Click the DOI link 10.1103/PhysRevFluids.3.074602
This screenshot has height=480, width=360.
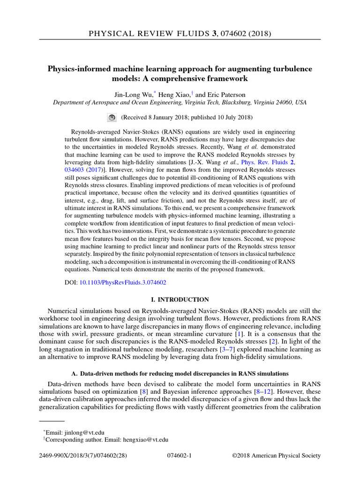(123, 283)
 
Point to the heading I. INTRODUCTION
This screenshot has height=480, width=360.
(180, 300)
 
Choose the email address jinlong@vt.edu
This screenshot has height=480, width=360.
(88, 432)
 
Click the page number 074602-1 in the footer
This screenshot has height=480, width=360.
(180, 455)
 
